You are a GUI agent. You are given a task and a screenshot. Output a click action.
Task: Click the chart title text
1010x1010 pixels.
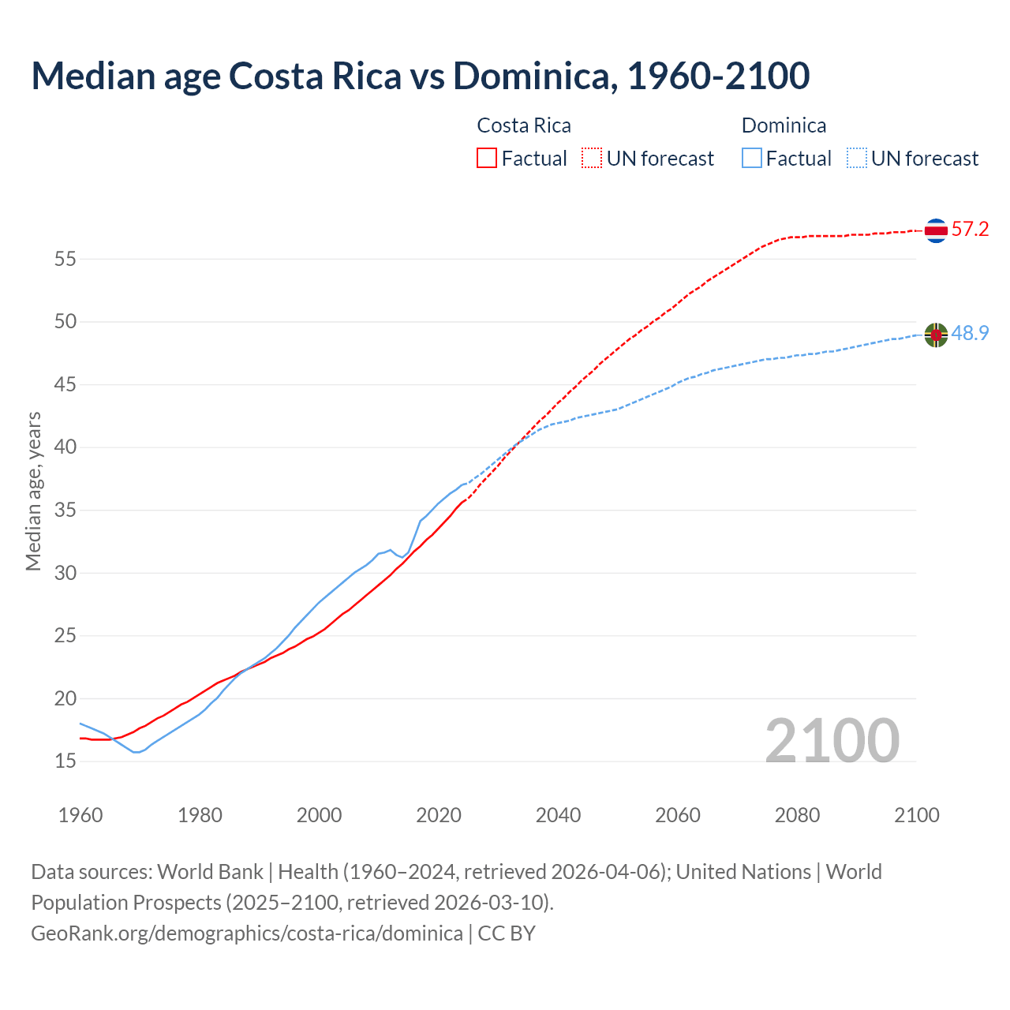pos(420,76)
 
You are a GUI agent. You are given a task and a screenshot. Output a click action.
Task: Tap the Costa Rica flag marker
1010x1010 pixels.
pos(936,230)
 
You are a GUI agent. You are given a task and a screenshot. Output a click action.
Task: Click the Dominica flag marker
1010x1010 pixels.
pos(936,335)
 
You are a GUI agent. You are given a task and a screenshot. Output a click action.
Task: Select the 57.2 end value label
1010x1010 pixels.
pos(970,230)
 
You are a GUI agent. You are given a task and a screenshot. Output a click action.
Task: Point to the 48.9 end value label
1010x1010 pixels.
pos(970,334)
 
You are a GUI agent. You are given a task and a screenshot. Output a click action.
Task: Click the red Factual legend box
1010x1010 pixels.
pos(487,159)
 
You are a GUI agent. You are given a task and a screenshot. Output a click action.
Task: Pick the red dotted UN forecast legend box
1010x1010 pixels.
pos(592,159)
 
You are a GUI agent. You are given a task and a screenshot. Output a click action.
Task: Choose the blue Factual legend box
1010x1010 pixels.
pos(752,159)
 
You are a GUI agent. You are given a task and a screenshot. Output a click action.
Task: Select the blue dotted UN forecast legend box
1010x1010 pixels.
pos(857,159)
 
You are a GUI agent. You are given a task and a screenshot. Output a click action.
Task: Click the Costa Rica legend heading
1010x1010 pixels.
pos(524,125)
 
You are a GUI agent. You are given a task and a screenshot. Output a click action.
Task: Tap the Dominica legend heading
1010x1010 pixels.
pos(784,125)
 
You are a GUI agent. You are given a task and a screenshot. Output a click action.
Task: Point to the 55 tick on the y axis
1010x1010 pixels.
pos(65,259)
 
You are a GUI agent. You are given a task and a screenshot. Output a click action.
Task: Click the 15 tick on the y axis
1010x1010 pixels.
pos(65,761)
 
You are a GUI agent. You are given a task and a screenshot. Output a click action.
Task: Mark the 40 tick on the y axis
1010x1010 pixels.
pos(65,447)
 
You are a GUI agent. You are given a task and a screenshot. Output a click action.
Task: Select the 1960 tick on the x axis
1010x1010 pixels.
pos(80,815)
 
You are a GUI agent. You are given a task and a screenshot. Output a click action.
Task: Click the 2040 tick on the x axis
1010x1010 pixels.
pos(558,815)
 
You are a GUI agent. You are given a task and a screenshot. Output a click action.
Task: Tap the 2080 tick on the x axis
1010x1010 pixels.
pos(797,815)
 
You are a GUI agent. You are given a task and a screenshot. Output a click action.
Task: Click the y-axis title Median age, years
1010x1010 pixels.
pos(33,491)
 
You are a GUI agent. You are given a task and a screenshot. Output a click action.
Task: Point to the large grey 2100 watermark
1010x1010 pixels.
pos(832,740)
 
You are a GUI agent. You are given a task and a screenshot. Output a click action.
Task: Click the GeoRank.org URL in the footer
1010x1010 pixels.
pos(246,933)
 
